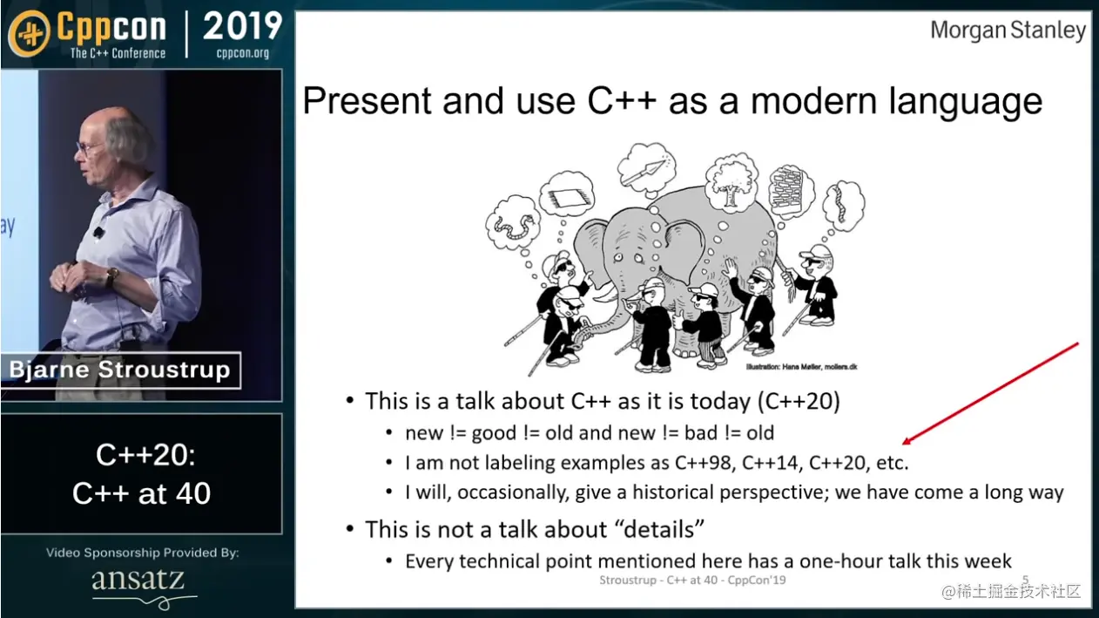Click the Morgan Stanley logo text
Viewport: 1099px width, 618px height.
point(1008,31)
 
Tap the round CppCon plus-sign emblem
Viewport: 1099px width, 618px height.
point(30,33)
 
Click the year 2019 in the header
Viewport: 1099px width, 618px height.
point(242,26)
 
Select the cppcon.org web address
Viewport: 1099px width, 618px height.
point(242,52)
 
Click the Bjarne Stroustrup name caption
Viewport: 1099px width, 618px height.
point(119,370)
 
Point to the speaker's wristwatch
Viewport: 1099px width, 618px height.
point(111,276)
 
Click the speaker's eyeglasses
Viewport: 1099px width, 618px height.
point(87,147)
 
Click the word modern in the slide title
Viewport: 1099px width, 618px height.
point(813,101)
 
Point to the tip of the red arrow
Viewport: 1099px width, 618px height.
point(904,444)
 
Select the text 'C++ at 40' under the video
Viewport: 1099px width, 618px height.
point(141,493)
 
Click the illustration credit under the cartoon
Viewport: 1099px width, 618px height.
point(801,366)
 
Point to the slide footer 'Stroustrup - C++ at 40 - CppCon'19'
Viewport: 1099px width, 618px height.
point(692,581)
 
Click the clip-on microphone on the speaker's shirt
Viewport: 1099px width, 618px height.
point(98,231)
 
